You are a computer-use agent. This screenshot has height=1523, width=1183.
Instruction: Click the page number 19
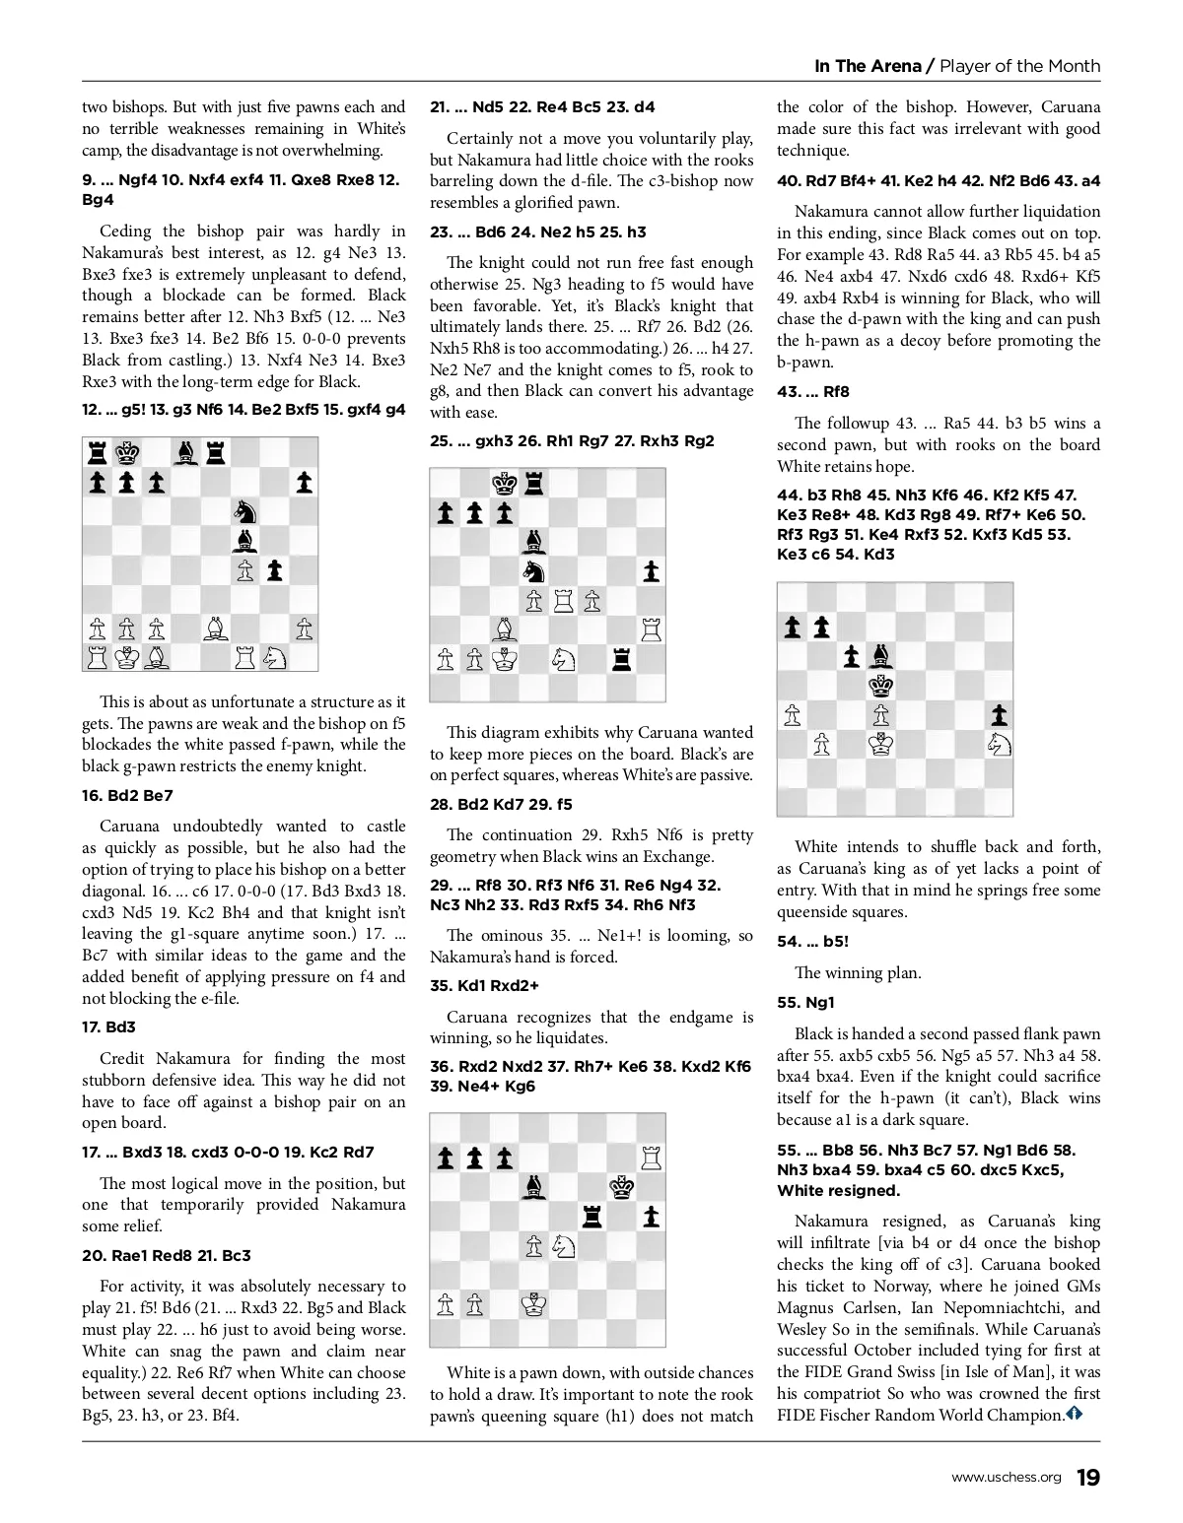[x=1087, y=1477]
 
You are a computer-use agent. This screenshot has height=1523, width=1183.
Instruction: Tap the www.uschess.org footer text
[x=1006, y=1478]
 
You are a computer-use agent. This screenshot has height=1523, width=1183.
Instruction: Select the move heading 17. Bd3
[x=108, y=1027]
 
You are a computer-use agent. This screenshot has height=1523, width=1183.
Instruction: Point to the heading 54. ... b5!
[x=812, y=942]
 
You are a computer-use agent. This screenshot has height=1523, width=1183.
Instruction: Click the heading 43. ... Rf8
[x=813, y=392]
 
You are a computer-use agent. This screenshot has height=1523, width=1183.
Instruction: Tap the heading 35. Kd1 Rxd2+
[x=484, y=985]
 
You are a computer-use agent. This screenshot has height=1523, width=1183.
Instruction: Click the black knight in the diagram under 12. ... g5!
[x=244, y=510]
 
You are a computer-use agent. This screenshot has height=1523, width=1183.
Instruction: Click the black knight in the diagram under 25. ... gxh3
[x=533, y=570]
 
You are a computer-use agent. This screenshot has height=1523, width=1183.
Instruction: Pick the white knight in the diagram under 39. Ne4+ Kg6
[x=563, y=1246]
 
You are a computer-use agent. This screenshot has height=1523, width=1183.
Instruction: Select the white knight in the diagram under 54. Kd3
[x=999, y=745]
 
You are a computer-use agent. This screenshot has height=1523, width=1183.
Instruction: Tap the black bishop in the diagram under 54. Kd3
[x=880, y=657]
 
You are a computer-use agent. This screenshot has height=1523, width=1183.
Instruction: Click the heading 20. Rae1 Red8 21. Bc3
[x=166, y=1255]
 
